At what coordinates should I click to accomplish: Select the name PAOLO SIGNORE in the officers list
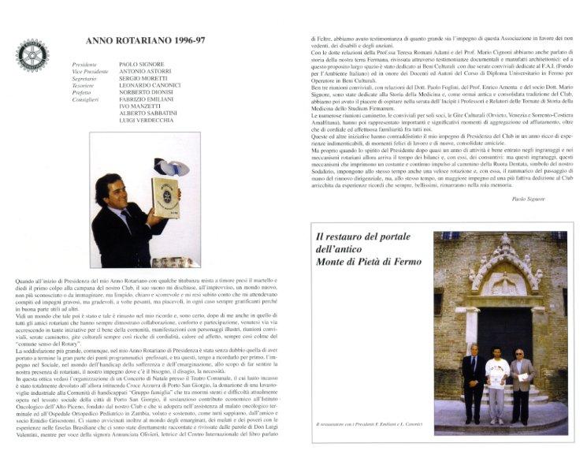coord(141,64)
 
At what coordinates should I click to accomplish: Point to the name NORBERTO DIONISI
coord(147,92)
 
